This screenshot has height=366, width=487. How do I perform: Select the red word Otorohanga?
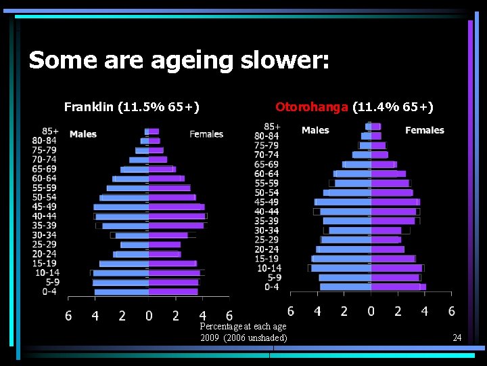[312, 106]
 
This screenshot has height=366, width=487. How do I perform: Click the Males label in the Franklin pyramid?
[83, 134]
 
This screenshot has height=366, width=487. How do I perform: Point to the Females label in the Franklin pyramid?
[206, 134]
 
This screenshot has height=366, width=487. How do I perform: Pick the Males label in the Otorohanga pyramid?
[315, 130]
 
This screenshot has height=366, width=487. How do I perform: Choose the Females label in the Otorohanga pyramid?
[425, 130]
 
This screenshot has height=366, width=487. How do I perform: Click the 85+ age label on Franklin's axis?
[50, 131]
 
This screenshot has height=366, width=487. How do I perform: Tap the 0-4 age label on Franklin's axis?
[49, 291]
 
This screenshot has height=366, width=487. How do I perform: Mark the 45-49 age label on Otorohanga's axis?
[266, 202]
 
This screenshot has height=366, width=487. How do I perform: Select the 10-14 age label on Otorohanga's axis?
[269, 268]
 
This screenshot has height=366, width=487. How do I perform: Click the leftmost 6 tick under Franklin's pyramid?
[68, 316]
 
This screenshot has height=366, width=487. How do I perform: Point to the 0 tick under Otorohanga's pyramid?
[371, 311]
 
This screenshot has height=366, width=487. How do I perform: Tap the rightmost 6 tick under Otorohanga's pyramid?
[451, 311]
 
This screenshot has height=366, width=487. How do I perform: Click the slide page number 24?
[457, 338]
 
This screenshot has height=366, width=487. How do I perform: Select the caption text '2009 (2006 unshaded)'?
[243, 338]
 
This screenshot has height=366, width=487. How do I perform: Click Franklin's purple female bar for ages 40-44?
[177, 216]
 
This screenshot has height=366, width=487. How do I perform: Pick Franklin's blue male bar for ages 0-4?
[122, 291]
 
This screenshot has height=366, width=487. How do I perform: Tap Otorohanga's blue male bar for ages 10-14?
[342, 268]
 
